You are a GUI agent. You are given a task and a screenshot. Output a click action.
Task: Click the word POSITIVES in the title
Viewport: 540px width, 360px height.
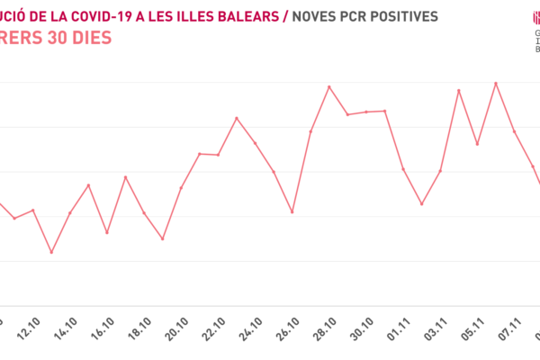pyautogui.click(x=400, y=16)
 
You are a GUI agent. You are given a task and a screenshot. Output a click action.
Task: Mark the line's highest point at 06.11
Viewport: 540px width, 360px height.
pyautogui.click(x=496, y=83)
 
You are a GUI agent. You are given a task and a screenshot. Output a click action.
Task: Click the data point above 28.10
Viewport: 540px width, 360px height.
pyautogui.click(x=329, y=86)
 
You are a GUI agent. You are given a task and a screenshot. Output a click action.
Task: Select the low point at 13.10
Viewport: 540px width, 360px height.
pyautogui.click(x=51, y=252)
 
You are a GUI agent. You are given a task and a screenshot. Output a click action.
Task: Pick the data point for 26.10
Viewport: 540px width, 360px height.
pyautogui.click(x=292, y=211)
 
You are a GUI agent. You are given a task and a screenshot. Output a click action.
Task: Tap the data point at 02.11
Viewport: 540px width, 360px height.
pyautogui.click(x=421, y=204)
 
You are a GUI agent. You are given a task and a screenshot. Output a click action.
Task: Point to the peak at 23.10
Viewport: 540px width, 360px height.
pyautogui.click(x=237, y=118)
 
